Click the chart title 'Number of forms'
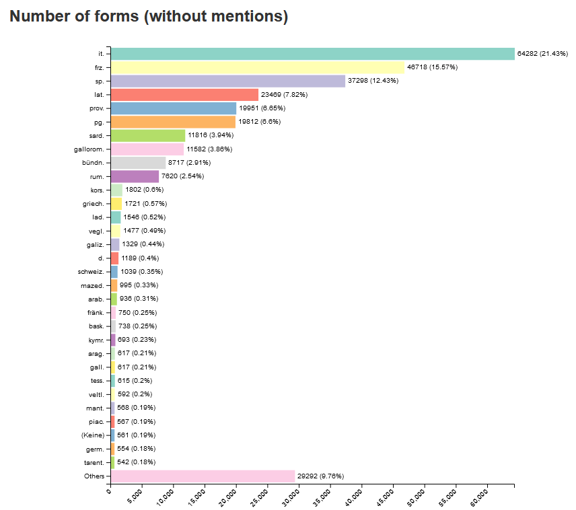point(149,17)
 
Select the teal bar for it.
point(312,54)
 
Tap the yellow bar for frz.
point(257,67)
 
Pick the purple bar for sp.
point(227,81)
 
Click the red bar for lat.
point(184,95)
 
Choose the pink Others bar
point(203,476)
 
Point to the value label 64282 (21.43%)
point(542,54)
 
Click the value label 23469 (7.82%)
point(284,95)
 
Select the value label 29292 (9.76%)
point(320,476)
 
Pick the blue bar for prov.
point(174,108)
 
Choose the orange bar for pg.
point(173,122)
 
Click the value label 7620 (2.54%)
point(182,176)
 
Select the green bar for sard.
point(148,135)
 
